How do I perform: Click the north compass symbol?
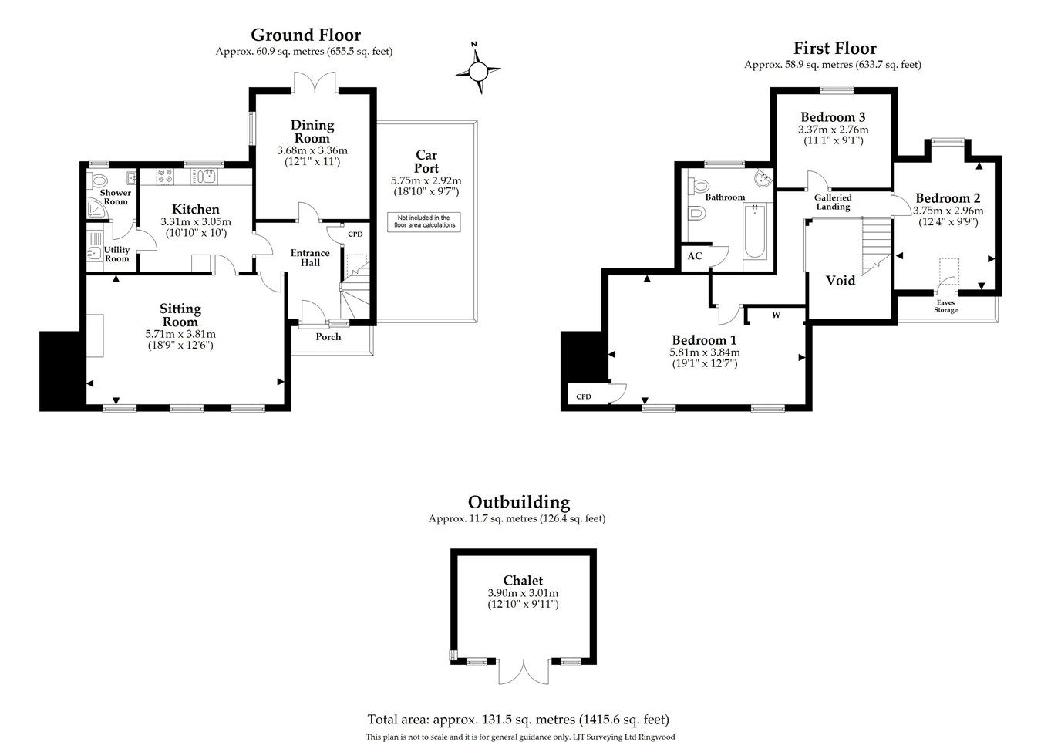tap(478, 71)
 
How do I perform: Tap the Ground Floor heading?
tap(305, 35)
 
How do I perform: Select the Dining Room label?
tap(312, 131)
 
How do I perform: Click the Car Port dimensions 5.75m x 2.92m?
tap(426, 180)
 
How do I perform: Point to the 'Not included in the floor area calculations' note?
tap(424, 221)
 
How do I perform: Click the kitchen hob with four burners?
tap(164, 177)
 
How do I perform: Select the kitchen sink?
tap(206, 177)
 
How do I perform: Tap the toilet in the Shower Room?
tap(97, 180)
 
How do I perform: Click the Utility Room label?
tap(117, 254)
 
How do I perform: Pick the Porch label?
tap(328, 337)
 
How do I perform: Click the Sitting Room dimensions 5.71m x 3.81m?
tap(180, 334)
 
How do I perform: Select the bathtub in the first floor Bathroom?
tap(755, 231)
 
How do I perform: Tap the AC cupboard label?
tap(694, 256)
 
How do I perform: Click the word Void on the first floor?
tap(840, 281)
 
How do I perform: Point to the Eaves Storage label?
tap(945, 306)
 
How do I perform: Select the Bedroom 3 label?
tap(833, 117)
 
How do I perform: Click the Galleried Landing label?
tap(833, 202)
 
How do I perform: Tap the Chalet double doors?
tap(524, 672)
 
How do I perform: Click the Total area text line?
tap(518, 720)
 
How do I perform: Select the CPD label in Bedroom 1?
tap(584, 396)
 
